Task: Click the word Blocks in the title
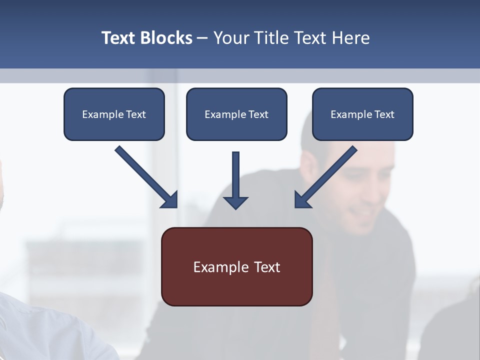166,38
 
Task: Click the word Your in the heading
230,38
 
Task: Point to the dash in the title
202,38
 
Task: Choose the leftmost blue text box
114,114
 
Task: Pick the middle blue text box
236,114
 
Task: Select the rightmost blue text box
362,114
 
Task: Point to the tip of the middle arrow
235,207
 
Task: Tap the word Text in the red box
267,267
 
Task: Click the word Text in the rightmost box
384,114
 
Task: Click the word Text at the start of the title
119,38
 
